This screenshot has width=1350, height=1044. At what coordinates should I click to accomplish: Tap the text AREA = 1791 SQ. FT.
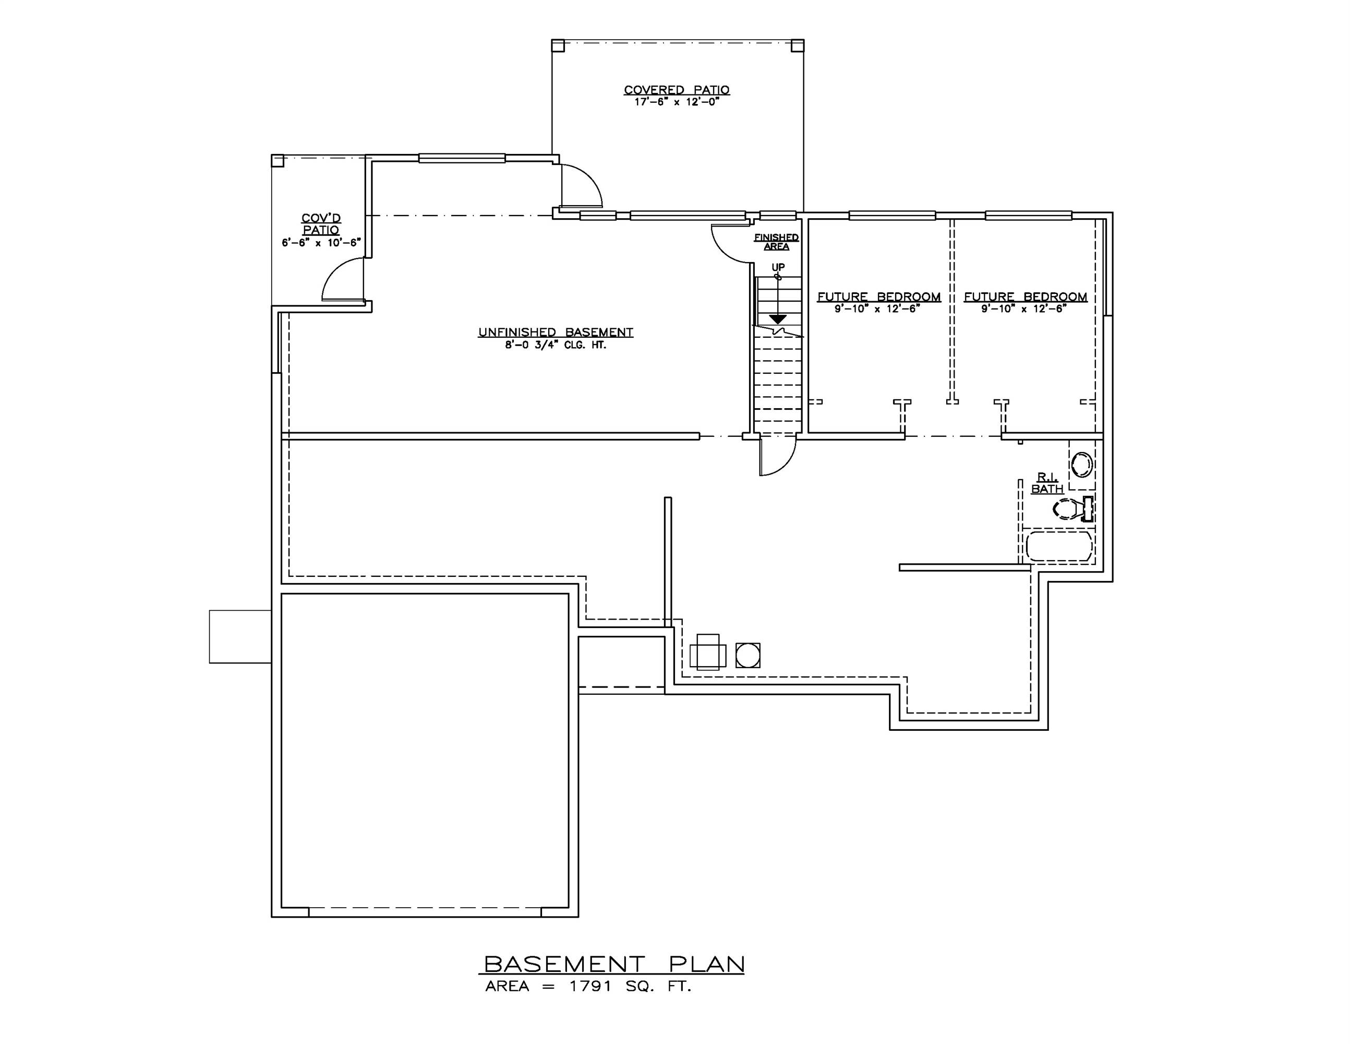(587, 987)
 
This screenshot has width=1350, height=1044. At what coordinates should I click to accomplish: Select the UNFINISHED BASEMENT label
(556, 332)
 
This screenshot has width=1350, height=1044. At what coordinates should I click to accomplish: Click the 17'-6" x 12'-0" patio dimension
(677, 101)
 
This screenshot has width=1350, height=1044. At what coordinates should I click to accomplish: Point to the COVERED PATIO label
(677, 90)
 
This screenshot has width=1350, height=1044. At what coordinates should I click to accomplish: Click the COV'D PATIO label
(321, 224)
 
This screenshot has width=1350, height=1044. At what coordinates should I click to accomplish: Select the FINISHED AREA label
(776, 241)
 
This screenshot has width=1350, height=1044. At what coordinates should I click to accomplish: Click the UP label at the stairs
(778, 267)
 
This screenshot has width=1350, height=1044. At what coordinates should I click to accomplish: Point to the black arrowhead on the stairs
(777, 319)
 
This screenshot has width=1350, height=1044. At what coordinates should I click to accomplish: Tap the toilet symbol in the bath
(1072, 509)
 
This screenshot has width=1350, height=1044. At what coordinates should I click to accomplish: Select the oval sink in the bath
(1082, 465)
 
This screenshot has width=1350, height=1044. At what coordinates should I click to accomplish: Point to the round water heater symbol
(748, 655)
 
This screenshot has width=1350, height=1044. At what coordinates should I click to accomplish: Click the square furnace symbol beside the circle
(708, 652)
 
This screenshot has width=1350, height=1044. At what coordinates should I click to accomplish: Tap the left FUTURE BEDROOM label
(878, 297)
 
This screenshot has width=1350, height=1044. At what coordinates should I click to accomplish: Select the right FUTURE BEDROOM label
(1025, 297)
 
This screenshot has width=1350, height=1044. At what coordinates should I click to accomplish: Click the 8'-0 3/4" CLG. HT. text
(556, 345)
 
